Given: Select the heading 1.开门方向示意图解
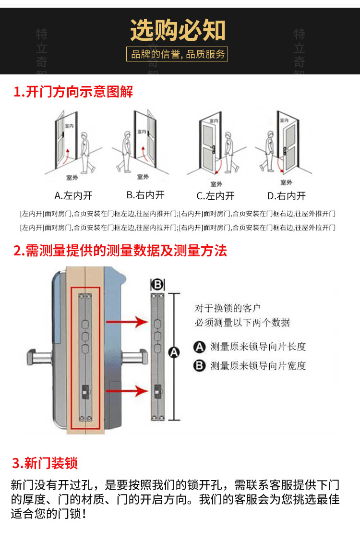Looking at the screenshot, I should coord(73,92).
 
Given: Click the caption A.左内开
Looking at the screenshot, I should coord(73,195).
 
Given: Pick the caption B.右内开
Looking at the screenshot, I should coord(145,195).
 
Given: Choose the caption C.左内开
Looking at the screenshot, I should coord(216,195).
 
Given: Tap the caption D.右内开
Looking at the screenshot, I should coord(287,195).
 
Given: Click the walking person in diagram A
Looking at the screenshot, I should coord(86,152).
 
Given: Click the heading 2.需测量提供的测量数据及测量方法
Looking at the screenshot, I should coord(120,250).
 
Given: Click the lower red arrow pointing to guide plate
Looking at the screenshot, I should coord(126,390).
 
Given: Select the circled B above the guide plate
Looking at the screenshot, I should coord(158,285).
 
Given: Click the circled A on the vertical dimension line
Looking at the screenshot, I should coord(174,353).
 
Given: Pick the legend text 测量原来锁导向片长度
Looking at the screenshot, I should coord(258,346).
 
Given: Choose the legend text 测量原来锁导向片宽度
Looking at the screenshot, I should coord(258,366).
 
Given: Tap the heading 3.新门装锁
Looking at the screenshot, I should coord(45,463).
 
